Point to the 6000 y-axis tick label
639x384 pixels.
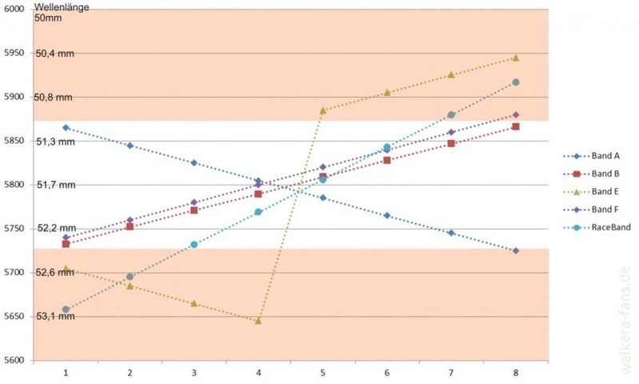tap(14, 9)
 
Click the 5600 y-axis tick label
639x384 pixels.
tap(14, 360)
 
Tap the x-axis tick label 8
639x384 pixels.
tap(515, 373)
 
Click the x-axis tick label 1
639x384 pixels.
tap(65, 373)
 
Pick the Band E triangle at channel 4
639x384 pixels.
tap(258, 320)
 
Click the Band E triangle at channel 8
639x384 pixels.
tap(515, 58)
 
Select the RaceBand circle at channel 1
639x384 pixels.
tap(65, 310)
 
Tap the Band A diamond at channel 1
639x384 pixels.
tap(65, 127)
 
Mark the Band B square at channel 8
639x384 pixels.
tap(515, 126)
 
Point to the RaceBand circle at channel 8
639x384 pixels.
tap(515, 82)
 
